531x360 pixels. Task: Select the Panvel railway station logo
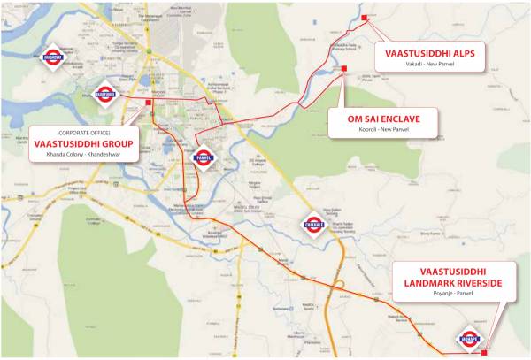click(202, 156)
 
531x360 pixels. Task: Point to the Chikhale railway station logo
click(314, 223)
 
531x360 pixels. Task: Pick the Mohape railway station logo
click(468, 338)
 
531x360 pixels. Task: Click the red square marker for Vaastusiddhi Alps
click(363, 17)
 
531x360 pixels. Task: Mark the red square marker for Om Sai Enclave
click(343, 68)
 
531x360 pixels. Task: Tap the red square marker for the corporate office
click(149, 102)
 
